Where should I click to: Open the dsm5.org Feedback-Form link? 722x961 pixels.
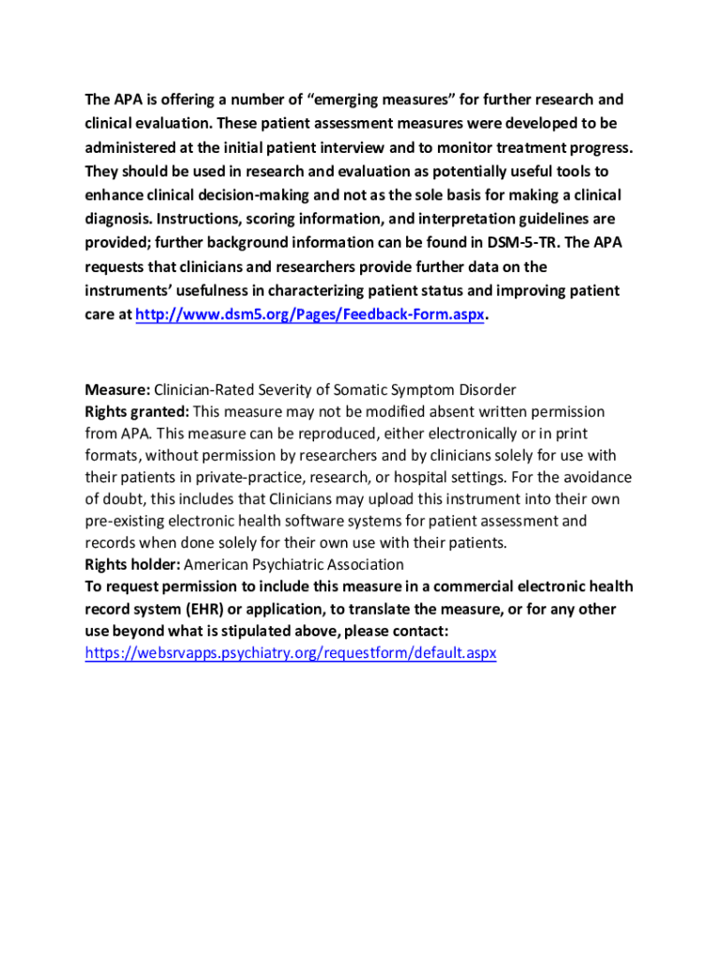[x=310, y=315]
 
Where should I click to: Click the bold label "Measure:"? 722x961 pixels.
[x=117, y=389]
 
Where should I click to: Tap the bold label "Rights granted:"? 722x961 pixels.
[x=137, y=412]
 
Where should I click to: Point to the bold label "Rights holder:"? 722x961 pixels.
[x=132, y=564]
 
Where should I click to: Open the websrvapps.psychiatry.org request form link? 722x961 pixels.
[x=291, y=652]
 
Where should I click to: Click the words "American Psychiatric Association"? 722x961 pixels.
[x=294, y=564]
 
